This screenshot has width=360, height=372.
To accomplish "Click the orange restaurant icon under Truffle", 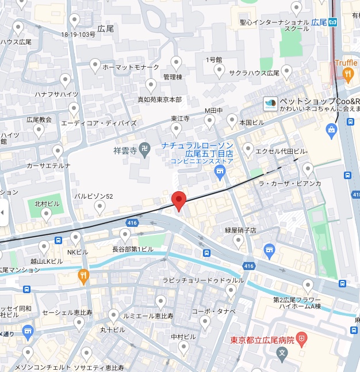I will tap(347, 73).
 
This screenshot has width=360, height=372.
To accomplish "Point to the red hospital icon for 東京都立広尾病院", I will tap(303, 340).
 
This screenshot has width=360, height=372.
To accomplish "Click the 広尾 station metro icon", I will tap(336, 22).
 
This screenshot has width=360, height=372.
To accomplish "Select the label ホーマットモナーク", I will tap(131, 67).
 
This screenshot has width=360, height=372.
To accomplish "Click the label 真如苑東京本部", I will tap(159, 99).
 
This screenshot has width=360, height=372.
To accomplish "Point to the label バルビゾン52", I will tap(94, 196).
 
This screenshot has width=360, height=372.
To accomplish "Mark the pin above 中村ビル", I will tap(183, 347).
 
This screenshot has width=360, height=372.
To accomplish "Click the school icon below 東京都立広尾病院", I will tap(281, 352).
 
